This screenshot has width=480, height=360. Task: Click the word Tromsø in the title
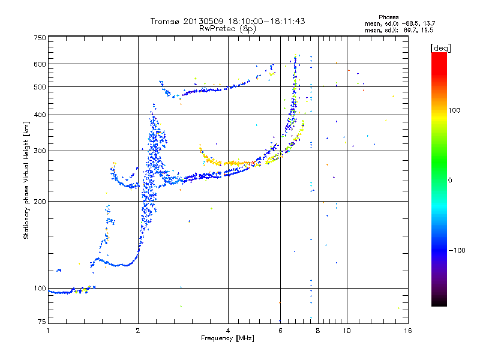tap(166, 21)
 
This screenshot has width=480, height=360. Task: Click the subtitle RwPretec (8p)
tap(227, 28)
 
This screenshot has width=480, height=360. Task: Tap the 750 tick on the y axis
tap(40, 38)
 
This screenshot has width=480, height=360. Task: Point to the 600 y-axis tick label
tap(40, 64)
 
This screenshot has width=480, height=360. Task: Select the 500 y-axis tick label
tap(40, 86)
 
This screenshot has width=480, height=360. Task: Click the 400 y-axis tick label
tap(40, 115)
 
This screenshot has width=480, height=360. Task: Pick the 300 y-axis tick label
tap(40, 151)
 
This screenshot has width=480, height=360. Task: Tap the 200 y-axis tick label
tap(40, 201)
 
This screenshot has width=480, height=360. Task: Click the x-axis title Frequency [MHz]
tap(227, 339)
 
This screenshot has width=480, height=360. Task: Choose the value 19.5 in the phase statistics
tap(427, 29)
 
